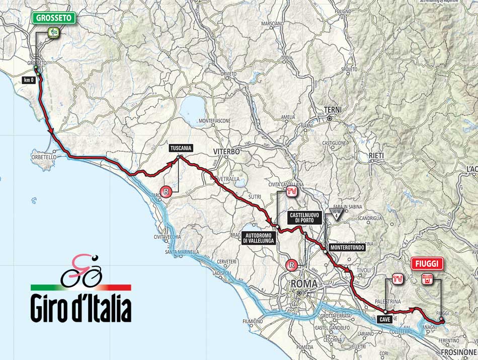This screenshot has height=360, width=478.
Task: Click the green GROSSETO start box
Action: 54,18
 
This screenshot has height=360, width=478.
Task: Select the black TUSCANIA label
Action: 181,148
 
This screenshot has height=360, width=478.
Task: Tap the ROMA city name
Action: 304,284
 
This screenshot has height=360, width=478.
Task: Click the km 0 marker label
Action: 28,80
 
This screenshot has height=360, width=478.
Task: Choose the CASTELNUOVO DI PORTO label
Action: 302,218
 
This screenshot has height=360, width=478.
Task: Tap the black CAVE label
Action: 384,318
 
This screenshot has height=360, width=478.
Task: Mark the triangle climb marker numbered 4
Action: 336,214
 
